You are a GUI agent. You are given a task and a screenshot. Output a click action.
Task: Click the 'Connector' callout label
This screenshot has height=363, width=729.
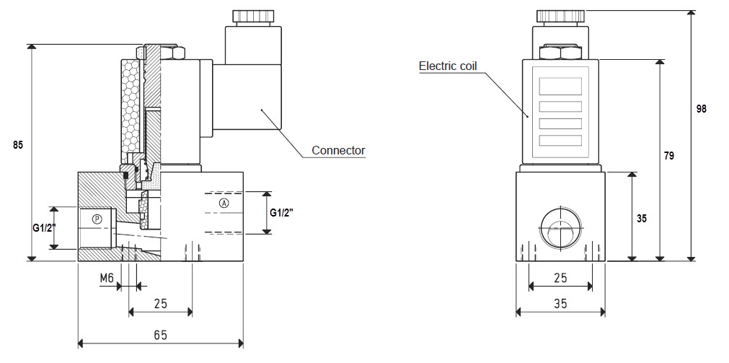[x=338, y=150]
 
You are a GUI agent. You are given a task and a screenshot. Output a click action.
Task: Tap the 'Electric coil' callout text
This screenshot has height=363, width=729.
[x=449, y=66]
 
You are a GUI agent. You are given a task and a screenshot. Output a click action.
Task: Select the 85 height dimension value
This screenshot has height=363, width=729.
[x=18, y=145]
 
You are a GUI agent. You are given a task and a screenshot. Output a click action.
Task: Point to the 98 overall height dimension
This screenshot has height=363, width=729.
[x=702, y=109]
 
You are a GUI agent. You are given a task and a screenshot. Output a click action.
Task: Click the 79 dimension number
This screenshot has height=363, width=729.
[x=668, y=156]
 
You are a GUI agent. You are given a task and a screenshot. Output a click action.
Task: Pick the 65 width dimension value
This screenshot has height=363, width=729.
[x=160, y=334]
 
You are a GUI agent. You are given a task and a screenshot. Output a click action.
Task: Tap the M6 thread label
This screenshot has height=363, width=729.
[x=107, y=279]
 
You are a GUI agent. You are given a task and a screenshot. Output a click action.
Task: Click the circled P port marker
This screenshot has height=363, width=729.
[x=97, y=218]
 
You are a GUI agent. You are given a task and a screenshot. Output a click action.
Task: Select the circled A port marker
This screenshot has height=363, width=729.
[x=224, y=203]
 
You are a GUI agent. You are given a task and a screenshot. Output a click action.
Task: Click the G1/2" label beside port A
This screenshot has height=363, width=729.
[x=282, y=213]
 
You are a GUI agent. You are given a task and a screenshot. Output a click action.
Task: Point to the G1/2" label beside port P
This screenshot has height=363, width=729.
[x=44, y=228]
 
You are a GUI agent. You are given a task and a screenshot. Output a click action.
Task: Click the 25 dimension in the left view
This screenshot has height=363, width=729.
[x=160, y=304]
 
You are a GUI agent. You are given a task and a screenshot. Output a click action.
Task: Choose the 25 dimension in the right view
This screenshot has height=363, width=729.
[x=561, y=278]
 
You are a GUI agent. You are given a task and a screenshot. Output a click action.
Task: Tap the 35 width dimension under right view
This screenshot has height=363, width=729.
[x=561, y=303]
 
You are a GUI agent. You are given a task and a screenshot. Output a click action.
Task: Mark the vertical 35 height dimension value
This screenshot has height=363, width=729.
[x=642, y=218]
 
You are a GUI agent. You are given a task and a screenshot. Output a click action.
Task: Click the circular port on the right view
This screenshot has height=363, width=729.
[x=561, y=228]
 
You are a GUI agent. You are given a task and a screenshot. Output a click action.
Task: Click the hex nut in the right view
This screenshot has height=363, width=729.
[x=561, y=52]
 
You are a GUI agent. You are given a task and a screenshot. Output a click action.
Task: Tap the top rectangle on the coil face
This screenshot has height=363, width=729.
[x=560, y=87]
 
